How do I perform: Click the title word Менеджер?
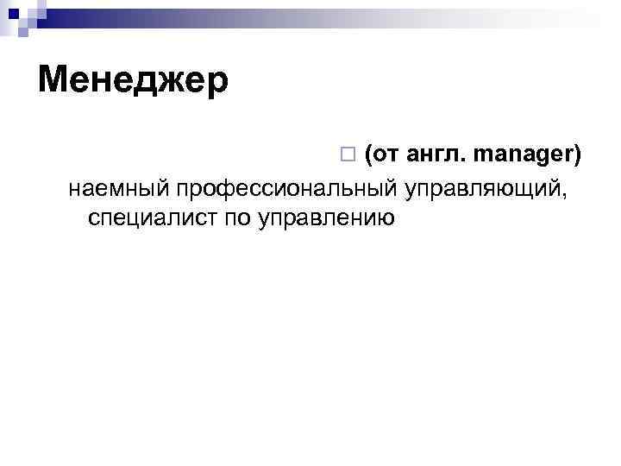pos(134,82)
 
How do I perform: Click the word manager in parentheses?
pos(524,155)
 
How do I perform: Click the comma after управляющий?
pos(566,193)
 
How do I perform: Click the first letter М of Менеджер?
pos(53,81)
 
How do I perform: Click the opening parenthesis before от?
pos(369,156)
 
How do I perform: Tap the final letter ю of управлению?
pos(386,217)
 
